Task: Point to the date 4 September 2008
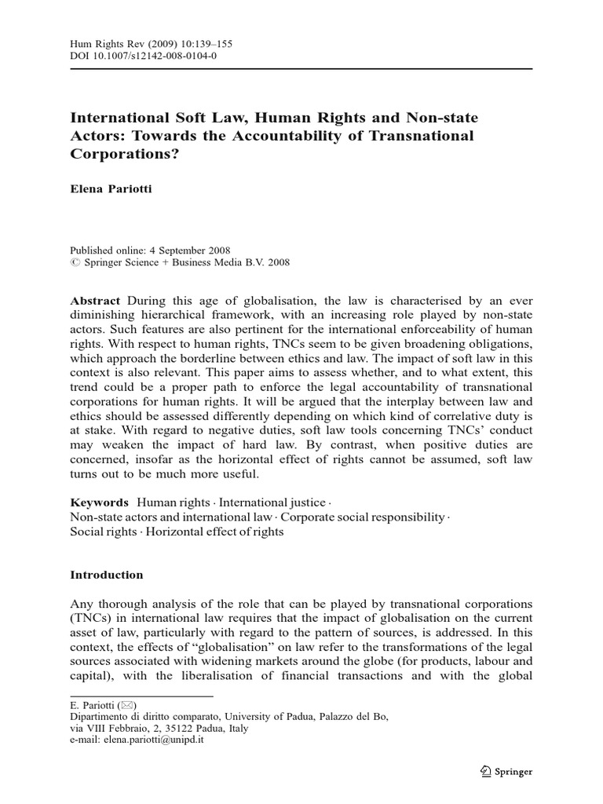pyautogui.click(x=196, y=248)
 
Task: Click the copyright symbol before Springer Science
pyautogui.click(x=75, y=261)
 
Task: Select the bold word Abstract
pyautogui.click(x=96, y=301)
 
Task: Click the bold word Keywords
pyautogui.click(x=100, y=502)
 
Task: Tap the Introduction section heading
pyautogui.click(x=107, y=575)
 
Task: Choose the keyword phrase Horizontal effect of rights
pyautogui.click(x=216, y=532)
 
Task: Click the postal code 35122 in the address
pyautogui.click(x=174, y=728)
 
